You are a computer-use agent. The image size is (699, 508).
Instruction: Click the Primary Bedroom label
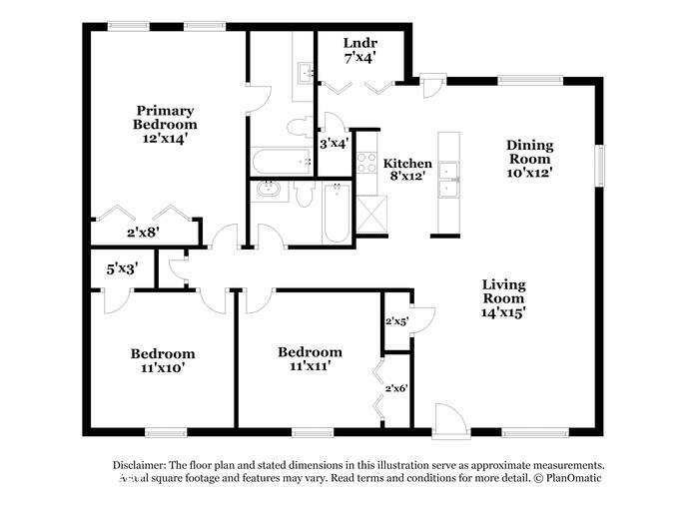click(x=165, y=117)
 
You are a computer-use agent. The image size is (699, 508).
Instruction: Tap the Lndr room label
click(x=359, y=43)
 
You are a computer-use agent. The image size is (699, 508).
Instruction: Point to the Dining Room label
click(x=529, y=152)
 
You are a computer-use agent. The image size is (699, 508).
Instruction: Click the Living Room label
click(x=503, y=290)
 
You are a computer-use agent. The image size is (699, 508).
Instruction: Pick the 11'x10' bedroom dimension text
click(x=163, y=367)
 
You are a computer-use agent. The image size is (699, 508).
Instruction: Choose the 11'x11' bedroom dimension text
click(x=309, y=366)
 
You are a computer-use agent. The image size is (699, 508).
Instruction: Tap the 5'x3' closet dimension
click(x=122, y=267)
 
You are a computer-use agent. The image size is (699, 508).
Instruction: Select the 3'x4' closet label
click(x=334, y=143)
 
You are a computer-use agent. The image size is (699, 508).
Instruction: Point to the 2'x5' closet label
click(x=397, y=321)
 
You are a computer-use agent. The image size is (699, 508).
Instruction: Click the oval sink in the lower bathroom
click(x=269, y=190)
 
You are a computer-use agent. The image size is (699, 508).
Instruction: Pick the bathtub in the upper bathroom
click(x=281, y=161)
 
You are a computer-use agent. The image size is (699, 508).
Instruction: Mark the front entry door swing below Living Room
click(x=447, y=418)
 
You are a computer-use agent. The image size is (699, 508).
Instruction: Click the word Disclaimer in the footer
click(x=137, y=465)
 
